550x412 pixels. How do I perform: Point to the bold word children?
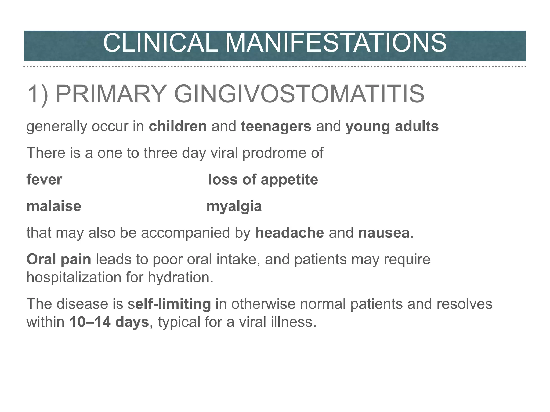coord(178,126)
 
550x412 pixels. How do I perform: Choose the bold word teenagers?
coord(276,126)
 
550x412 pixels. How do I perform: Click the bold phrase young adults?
coord(392,126)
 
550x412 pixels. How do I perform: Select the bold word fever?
coord(44,179)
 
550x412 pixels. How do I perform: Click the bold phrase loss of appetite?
coord(263,179)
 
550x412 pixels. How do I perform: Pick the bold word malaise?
coord(54,206)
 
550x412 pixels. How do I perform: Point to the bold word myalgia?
coord(234,206)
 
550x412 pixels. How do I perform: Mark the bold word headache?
coord(290,233)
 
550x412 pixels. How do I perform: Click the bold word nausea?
coord(384,233)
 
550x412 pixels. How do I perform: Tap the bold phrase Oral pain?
coord(59,259)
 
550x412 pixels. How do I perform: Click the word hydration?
coord(180,277)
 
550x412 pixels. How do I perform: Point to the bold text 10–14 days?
coord(109,322)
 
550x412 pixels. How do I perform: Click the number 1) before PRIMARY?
coord(38,94)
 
